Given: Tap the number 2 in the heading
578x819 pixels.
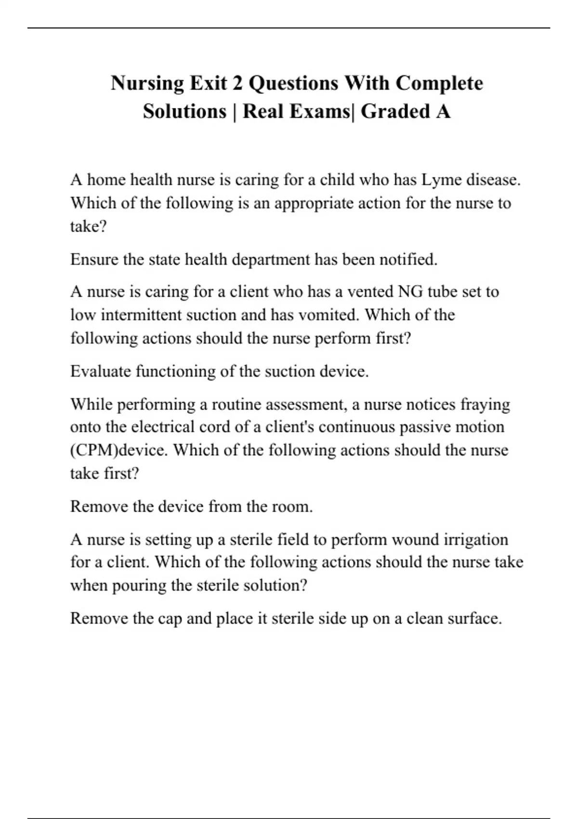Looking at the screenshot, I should point(237,83).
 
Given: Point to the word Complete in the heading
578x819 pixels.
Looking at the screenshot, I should point(439,83).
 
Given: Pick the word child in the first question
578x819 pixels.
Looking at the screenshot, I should point(336,180).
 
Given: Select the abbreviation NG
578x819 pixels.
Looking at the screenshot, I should point(409,291).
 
